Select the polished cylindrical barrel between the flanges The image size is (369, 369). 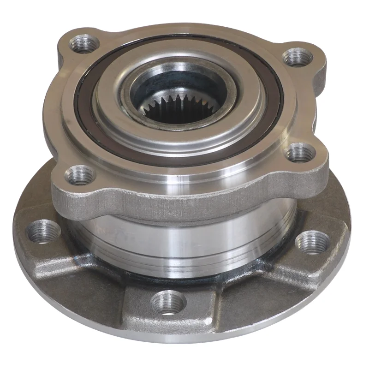click(x=184, y=240)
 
